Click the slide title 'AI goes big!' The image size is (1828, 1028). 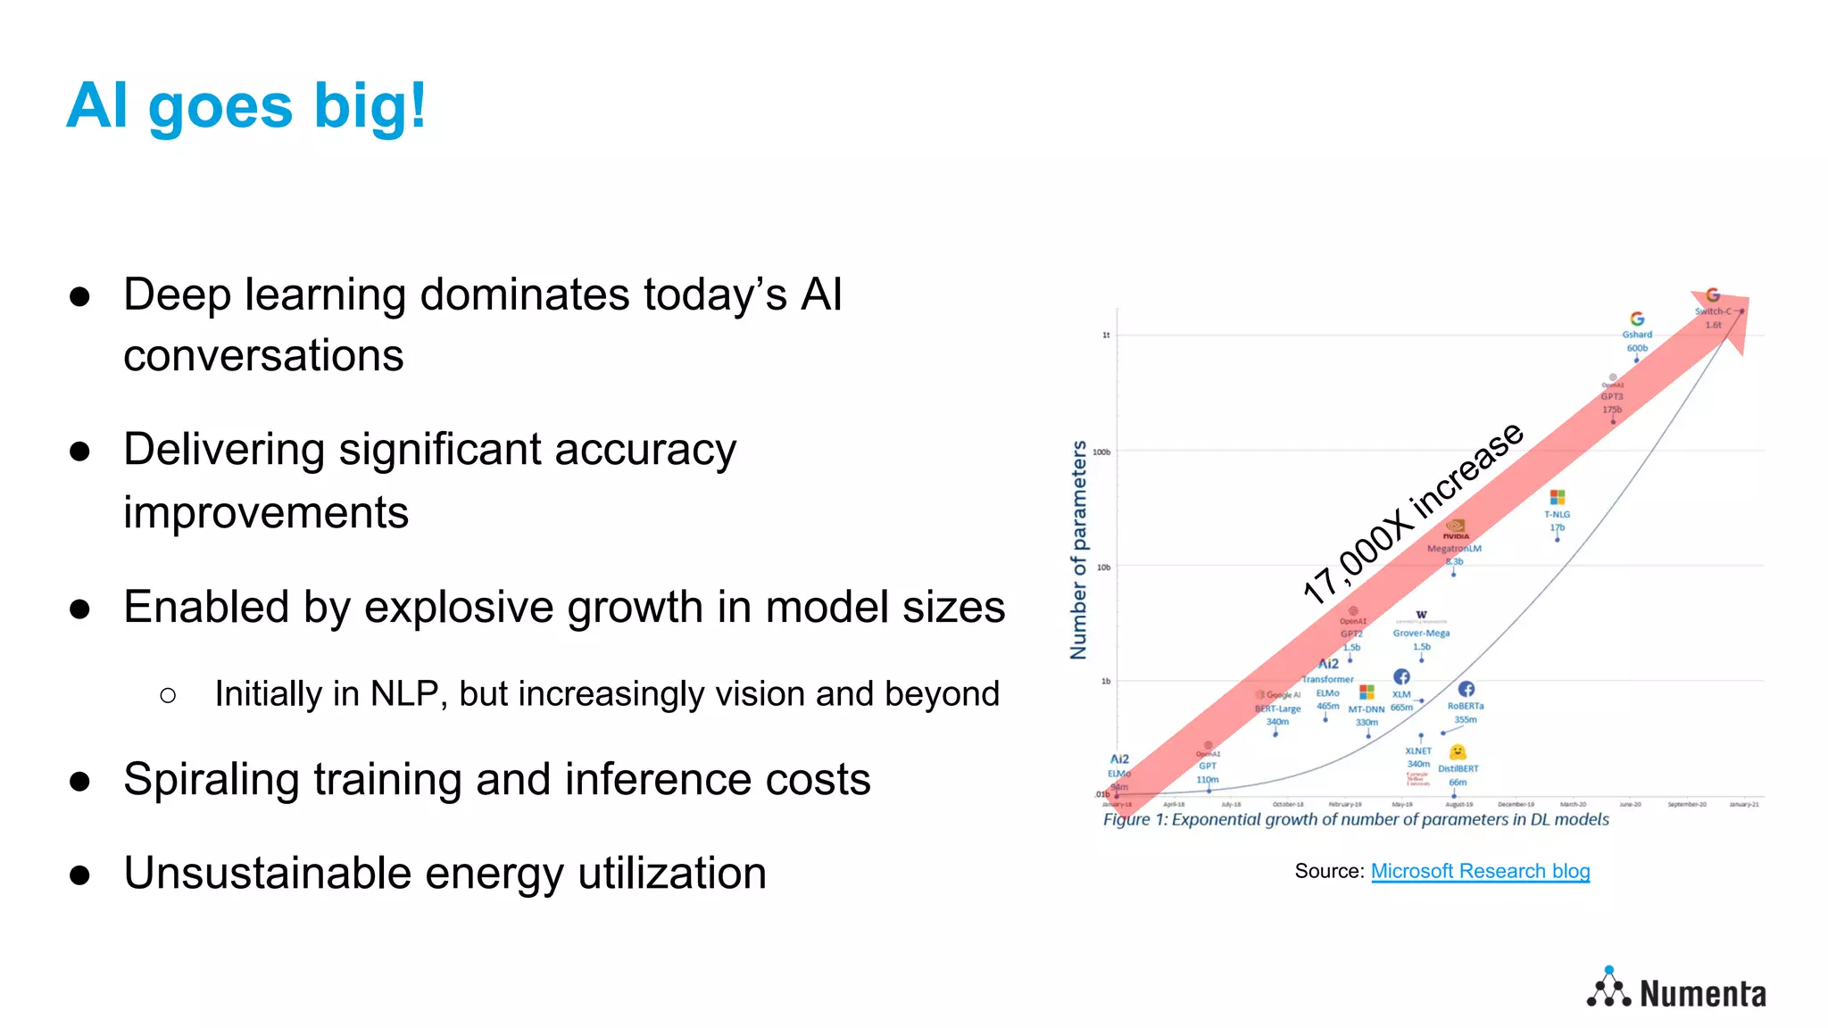(x=246, y=106)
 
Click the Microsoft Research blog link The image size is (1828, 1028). (x=1480, y=871)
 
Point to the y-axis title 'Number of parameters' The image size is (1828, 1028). (x=1079, y=550)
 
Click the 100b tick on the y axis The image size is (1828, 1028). (x=1102, y=452)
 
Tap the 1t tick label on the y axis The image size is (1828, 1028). (x=1106, y=336)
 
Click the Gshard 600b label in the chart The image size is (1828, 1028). (x=1637, y=341)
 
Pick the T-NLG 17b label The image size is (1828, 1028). (x=1557, y=520)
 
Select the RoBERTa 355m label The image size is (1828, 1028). (x=1466, y=712)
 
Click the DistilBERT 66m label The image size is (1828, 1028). (x=1458, y=775)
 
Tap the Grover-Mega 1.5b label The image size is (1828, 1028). (x=1421, y=639)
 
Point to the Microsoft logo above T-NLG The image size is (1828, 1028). (x=1558, y=497)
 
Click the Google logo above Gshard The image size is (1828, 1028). (x=1637, y=319)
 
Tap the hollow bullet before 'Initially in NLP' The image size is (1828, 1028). (x=168, y=695)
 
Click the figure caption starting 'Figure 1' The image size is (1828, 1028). (x=1355, y=819)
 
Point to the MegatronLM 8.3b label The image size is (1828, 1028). (x=1454, y=554)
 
